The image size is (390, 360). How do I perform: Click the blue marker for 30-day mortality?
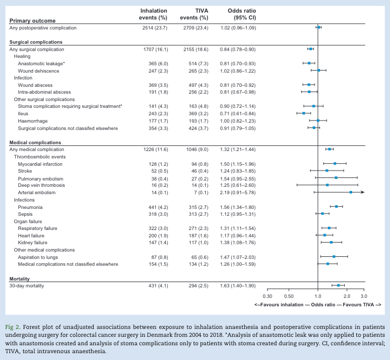338,285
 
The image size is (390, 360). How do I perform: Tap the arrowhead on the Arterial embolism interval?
362,193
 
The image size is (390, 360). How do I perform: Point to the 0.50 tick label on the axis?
288,297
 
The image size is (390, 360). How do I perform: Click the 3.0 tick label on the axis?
364,297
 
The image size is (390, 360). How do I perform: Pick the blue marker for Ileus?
304,113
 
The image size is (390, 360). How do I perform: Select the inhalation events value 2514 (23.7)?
151,27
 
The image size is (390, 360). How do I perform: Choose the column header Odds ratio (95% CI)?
242,14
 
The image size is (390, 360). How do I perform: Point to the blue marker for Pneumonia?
337,207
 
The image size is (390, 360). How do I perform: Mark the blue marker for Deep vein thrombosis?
327,185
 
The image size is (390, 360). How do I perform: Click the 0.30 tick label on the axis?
267,297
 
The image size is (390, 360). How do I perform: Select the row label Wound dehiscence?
38,70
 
